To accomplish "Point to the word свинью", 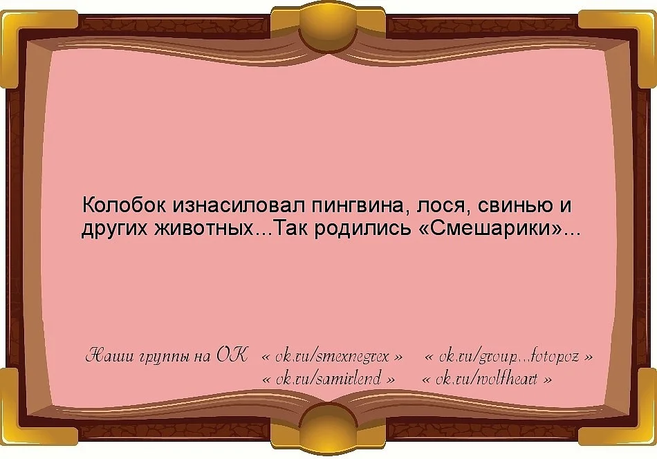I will [504, 206].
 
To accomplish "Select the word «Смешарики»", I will [490, 229].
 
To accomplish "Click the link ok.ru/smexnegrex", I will [332, 357].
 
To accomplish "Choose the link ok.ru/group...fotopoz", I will [508, 357].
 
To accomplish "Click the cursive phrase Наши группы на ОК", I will [166, 357].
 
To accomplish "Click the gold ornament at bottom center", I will [328, 428].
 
